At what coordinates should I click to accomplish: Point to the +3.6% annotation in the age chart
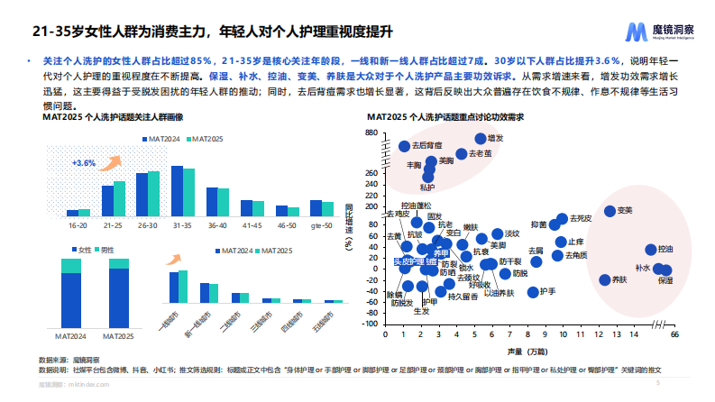pyautogui.click(x=84, y=163)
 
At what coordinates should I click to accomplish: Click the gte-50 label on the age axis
pyautogui.click(x=320, y=224)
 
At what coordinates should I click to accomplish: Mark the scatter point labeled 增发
pyautogui.click(x=481, y=139)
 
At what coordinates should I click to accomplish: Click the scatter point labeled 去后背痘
pyautogui.click(x=404, y=146)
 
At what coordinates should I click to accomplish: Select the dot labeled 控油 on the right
pyautogui.click(x=651, y=250)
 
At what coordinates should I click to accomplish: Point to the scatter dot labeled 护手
pyautogui.click(x=533, y=291)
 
